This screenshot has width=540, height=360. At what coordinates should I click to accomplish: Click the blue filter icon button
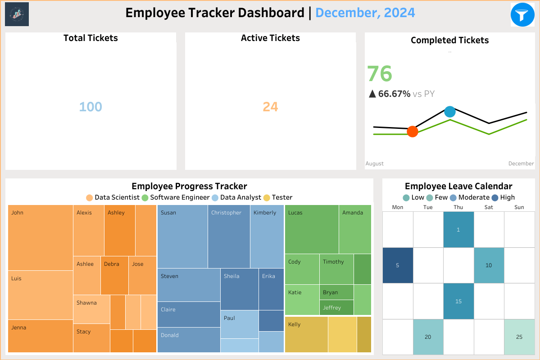(x=522, y=14)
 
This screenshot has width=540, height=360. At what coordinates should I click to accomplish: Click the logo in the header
(x=17, y=14)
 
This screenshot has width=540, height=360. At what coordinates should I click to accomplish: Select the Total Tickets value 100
(x=91, y=107)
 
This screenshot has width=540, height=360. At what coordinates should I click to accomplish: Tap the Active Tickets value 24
(x=270, y=107)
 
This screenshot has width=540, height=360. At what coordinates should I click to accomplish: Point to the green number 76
(x=380, y=74)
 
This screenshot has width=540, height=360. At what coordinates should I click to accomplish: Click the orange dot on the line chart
(x=412, y=132)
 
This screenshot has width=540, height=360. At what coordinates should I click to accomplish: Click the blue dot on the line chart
(x=449, y=111)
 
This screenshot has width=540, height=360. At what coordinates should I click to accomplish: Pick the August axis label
(x=375, y=164)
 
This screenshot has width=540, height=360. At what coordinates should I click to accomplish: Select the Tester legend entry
(x=278, y=197)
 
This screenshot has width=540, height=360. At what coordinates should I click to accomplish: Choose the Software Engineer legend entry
(x=176, y=197)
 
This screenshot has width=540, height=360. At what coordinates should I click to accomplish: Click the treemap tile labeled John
(x=41, y=237)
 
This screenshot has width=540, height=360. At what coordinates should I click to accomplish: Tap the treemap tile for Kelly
(x=306, y=334)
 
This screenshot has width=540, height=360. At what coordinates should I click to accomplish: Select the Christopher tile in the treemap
(x=229, y=237)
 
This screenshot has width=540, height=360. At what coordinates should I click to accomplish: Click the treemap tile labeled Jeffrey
(x=336, y=308)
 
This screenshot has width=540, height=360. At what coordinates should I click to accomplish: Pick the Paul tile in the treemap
(x=239, y=324)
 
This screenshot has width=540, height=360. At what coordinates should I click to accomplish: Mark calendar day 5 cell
(x=397, y=265)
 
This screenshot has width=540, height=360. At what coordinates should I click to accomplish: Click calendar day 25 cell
(x=519, y=337)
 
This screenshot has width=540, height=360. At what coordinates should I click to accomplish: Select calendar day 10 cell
(x=489, y=265)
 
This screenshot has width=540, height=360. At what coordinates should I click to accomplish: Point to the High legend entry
(x=503, y=197)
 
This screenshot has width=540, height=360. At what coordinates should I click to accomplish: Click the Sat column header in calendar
(x=489, y=207)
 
